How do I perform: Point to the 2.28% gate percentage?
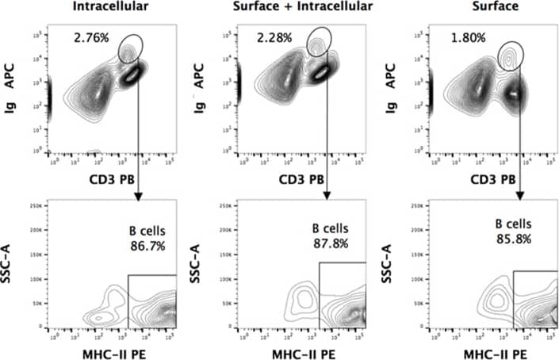tap(274, 36)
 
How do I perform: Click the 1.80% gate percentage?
tap(467, 36)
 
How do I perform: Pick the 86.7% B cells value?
tap(147, 246)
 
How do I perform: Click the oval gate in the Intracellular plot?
tap(131, 50)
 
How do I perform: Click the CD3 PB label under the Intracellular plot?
tap(111, 180)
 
